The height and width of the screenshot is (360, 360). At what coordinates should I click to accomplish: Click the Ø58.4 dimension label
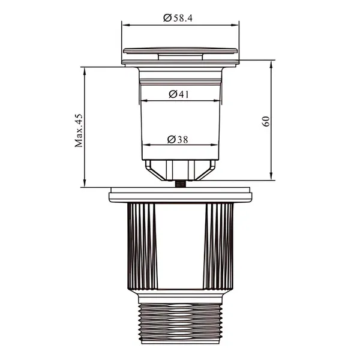coord(178,18)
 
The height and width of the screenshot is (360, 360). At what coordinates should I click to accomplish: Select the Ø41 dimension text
coord(179,94)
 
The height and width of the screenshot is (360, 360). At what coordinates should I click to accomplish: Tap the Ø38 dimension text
coord(178,139)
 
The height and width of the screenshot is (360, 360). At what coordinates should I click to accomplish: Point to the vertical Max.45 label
coord(79,130)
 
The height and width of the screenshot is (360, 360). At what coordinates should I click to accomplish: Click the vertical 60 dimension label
coord(266,121)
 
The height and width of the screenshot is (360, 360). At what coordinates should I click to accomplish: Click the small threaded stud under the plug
coord(181,184)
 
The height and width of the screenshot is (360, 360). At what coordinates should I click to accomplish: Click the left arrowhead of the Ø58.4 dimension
coord(126,25)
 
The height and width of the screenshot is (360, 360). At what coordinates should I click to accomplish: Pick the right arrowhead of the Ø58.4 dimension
coord(235,25)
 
